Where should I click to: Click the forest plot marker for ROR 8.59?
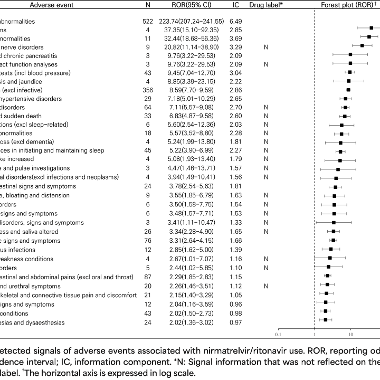(348, 90)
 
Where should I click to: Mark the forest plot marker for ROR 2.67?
(330, 259)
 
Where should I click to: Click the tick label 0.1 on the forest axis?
(278, 334)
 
